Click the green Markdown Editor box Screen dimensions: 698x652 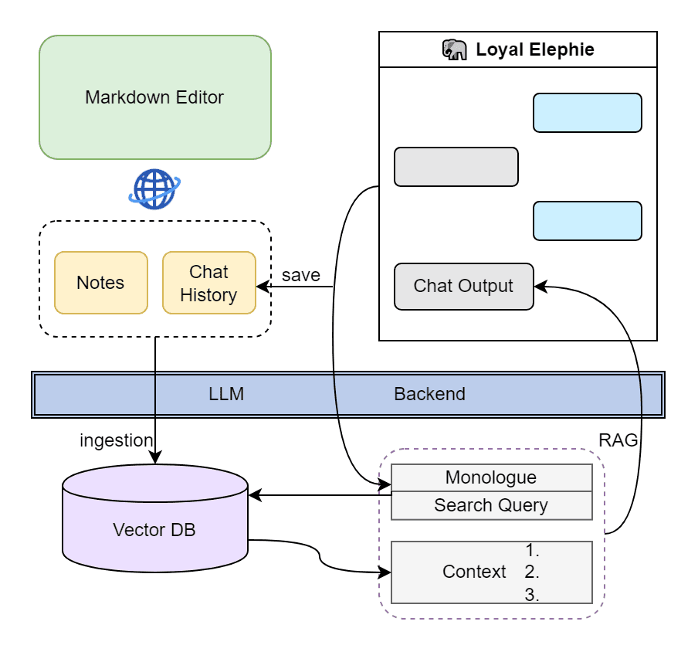coord(155,97)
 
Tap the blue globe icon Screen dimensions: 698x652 coord(154,188)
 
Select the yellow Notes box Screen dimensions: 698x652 coord(101,283)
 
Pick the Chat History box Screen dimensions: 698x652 coord(209,283)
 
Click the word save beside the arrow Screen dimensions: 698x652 coord(301,275)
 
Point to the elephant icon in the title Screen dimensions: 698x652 coord(455,49)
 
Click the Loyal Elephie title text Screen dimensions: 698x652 coord(535,49)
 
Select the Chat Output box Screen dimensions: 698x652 coord(464,287)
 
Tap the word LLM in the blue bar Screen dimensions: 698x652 coord(226,394)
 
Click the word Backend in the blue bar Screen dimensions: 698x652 coord(429,394)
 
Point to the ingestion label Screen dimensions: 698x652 coord(116,440)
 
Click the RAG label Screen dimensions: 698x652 coord(618,440)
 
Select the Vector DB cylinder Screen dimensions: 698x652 coord(155,518)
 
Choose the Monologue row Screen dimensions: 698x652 coord(491,478)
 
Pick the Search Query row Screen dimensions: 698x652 coord(491,505)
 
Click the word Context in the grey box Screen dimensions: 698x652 coord(474,572)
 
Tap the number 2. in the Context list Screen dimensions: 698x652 coord(532,572)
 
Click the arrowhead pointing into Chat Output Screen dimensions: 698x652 coord(540,287)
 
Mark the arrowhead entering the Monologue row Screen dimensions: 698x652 coord(385,484)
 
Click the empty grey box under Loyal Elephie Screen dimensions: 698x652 coord(456,167)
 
